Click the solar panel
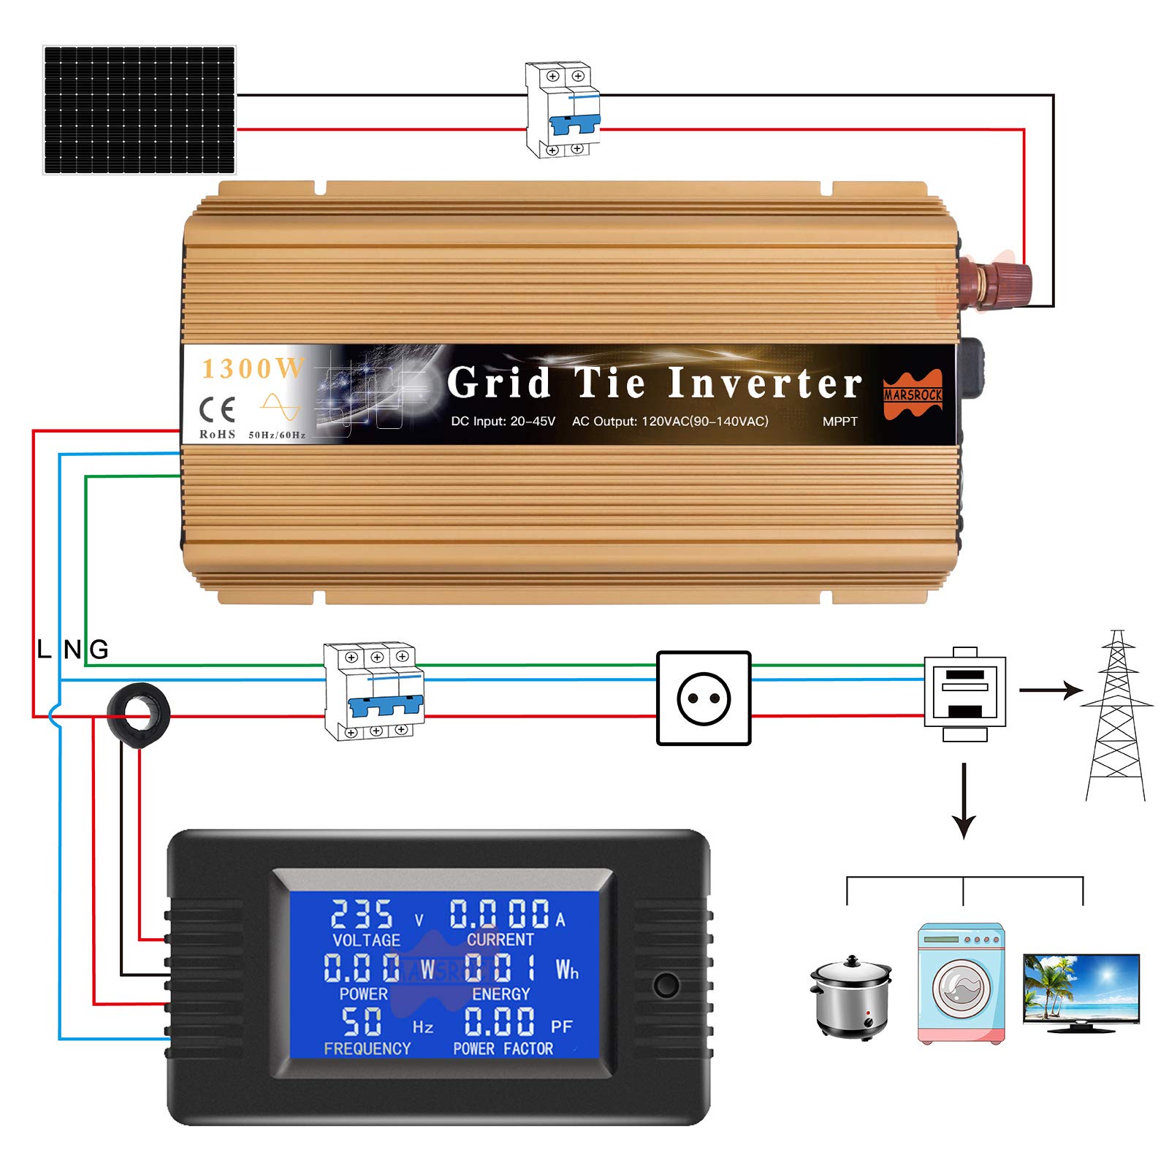click(140, 110)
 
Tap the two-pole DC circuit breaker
click(563, 110)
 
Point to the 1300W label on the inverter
click(252, 369)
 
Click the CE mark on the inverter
click(217, 410)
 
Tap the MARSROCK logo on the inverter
click(913, 395)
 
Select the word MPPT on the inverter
click(839, 422)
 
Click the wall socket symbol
click(704, 698)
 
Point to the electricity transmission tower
click(1116, 716)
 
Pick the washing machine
click(961, 983)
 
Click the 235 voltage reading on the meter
click(362, 914)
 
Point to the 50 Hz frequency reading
click(362, 1021)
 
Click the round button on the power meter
click(666, 985)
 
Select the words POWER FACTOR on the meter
click(503, 1048)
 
